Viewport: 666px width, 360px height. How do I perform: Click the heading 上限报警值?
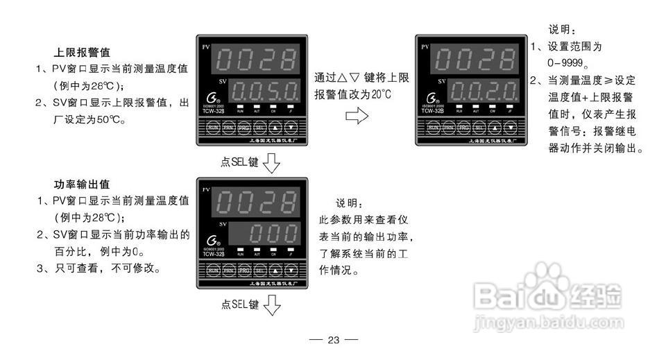[82, 53]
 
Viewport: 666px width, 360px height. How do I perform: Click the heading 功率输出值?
[82, 185]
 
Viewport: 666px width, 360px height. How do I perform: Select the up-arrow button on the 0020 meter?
[493, 128]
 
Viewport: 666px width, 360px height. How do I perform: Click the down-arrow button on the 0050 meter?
[291, 128]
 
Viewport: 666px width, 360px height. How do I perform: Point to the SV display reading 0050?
[264, 90]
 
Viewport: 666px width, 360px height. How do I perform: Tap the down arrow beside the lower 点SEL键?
[272, 305]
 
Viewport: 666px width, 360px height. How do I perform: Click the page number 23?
[333, 340]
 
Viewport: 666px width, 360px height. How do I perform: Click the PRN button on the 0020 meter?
[448, 128]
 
